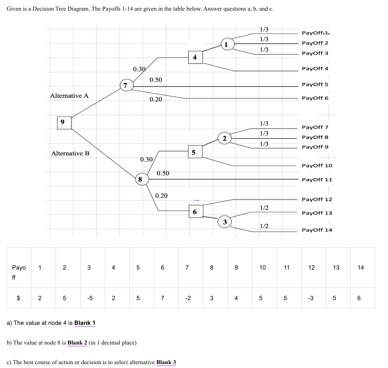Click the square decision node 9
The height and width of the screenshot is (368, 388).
tap(64, 122)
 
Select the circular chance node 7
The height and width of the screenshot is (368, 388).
tap(126, 86)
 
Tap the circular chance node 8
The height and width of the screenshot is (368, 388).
tap(140, 179)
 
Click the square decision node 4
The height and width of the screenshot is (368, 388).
tap(195, 57)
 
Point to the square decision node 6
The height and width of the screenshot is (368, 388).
tap(195, 211)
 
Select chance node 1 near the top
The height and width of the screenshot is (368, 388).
tap(226, 44)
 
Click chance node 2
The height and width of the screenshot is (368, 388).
tap(225, 139)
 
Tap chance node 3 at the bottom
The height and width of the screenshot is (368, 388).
tap(225, 222)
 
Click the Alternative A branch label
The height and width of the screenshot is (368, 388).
tap(69, 96)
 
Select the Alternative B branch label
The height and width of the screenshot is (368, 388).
tap(70, 153)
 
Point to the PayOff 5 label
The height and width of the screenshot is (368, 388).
tap(315, 84)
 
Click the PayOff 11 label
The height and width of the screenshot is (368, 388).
tap(317, 179)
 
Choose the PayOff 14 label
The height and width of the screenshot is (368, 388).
tap(317, 230)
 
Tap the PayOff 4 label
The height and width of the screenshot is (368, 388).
tap(315, 69)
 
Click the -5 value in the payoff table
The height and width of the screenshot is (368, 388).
tap(90, 298)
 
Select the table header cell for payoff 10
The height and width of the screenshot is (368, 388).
tap(263, 267)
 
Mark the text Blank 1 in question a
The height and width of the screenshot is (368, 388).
tap(85, 323)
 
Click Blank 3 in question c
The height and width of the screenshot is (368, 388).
tap(166, 362)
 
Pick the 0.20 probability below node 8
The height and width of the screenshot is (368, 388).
tap(161, 196)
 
